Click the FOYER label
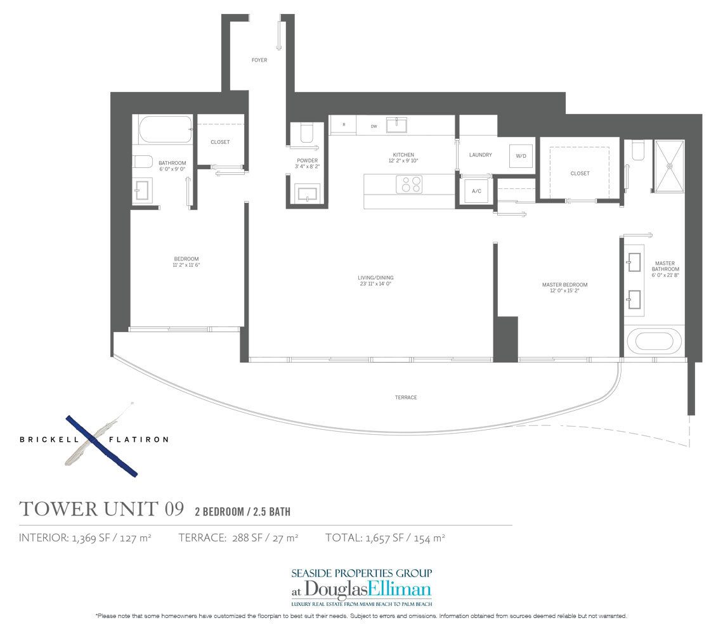tap(259, 60)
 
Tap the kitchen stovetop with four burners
tap(409, 184)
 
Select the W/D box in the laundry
tap(521, 156)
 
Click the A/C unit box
tap(475, 191)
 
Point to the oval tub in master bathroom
tap(655, 343)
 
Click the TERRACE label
tap(405, 397)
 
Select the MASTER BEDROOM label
tap(564, 285)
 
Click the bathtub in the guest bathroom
tap(163, 129)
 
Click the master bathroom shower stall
tap(669, 165)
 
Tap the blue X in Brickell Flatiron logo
tap(101, 446)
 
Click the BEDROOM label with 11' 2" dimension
tap(186, 259)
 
